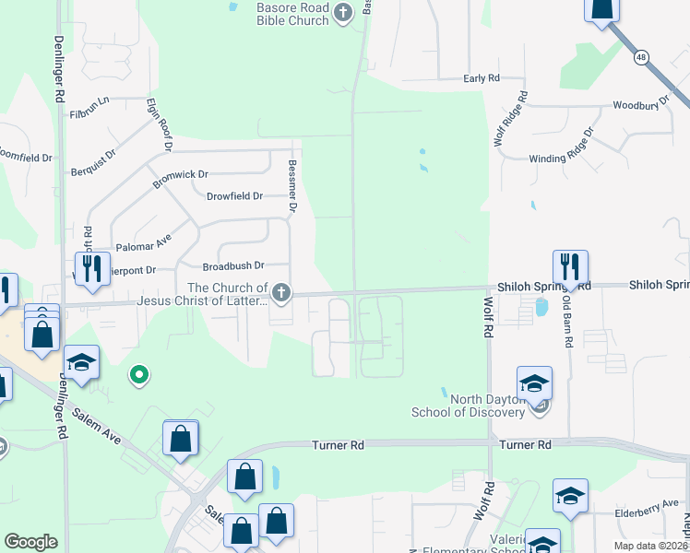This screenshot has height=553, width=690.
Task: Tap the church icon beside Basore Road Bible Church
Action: [343, 13]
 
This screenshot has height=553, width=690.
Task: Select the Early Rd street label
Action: [482, 79]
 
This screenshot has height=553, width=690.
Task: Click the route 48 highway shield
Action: [640, 58]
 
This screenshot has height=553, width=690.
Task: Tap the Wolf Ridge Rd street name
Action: [509, 119]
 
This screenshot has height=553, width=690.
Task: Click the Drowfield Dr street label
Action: [234, 196]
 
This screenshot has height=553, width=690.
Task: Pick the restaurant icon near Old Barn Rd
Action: [570, 267]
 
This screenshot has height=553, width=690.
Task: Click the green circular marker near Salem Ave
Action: [138, 374]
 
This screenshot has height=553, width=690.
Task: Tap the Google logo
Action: [30, 542]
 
